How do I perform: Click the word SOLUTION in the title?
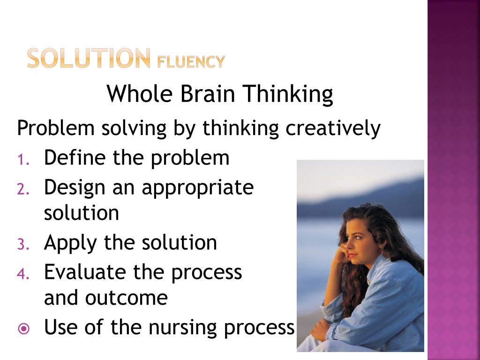[x=89, y=59]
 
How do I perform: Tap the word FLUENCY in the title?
[x=191, y=61]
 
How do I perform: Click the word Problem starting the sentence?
[x=56, y=128]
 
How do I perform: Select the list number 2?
[x=23, y=189]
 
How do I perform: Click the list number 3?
[x=23, y=244]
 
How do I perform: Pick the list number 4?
[x=23, y=273]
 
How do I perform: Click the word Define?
[x=75, y=158]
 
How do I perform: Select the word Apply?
[x=71, y=243]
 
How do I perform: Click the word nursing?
[x=183, y=328]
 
